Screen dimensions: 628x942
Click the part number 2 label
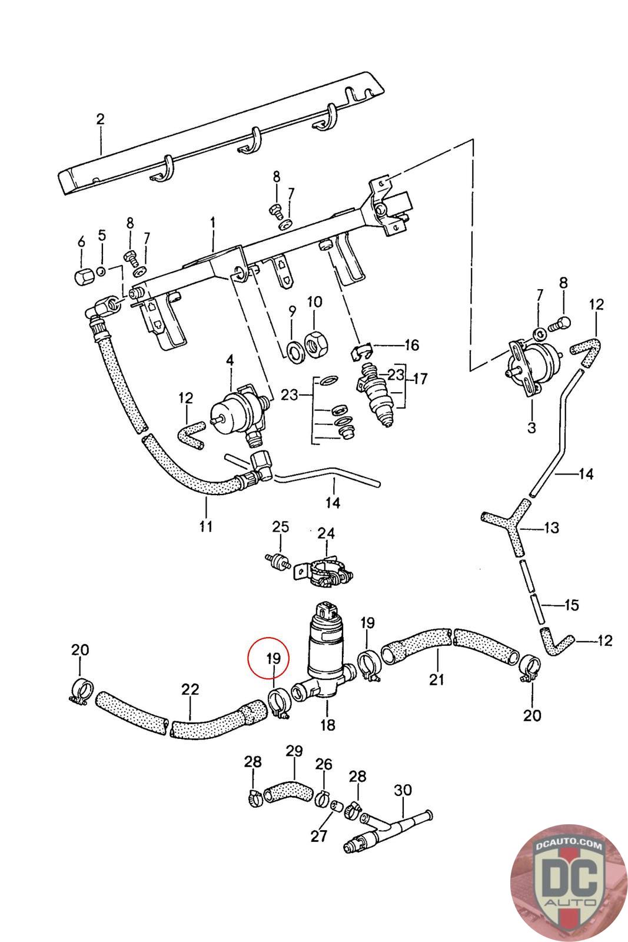(100, 119)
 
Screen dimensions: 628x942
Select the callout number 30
(403, 790)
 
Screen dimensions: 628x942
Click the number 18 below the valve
(328, 725)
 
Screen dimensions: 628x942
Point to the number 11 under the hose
(205, 526)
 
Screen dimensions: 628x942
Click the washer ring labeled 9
(294, 351)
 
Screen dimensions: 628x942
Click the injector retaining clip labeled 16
(361, 350)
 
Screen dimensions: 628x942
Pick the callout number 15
(571, 605)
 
